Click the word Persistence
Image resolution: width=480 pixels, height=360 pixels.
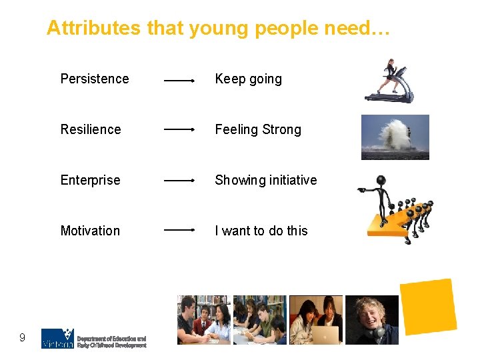[x=95, y=79]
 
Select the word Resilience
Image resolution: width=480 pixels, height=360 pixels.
[x=91, y=129]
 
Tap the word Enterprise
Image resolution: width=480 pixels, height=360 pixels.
[x=90, y=180]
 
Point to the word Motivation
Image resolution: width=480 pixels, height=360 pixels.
[x=90, y=231]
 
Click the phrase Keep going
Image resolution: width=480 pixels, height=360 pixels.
[x=248, y=79]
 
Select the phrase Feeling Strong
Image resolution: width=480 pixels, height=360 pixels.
[x=257, y=129]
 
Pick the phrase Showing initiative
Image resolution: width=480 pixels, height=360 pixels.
[x=265, y=180]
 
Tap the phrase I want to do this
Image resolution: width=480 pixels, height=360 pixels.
[x=261, y=231]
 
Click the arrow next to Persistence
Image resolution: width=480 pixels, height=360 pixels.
[x=179, y=81]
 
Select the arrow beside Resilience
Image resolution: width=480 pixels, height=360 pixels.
[x=179, y=129]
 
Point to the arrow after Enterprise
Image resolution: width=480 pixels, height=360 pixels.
[x=179, y=180]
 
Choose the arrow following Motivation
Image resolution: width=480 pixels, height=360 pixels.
[x=179, y=230]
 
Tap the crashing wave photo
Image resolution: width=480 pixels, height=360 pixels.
[x=395, y=137]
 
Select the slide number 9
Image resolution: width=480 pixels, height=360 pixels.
[x=22, y=338]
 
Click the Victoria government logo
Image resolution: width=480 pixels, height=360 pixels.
[x=57, y=339]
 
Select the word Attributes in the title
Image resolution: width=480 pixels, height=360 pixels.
[x=93, y=28]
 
